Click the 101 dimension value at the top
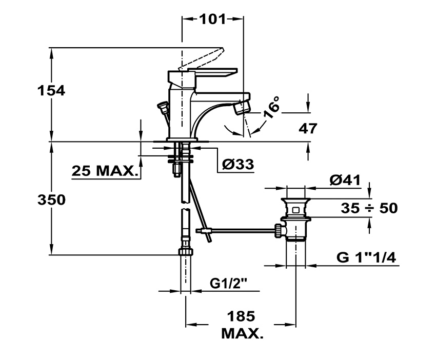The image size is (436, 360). [212, 19]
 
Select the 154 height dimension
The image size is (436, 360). [51, 91]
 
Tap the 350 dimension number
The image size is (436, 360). [51, 200]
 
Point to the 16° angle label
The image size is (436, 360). [272, 107]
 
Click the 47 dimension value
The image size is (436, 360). [307, 128]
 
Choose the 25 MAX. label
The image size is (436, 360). [106, 171]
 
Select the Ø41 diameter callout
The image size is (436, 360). [345, 181]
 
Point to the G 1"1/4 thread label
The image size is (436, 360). [367, 258]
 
